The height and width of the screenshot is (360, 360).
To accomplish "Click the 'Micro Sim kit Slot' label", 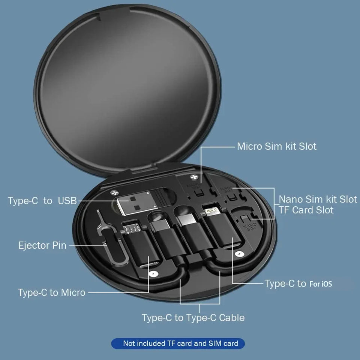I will pos(276,146).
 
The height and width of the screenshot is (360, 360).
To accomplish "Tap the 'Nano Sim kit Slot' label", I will pos(318,199).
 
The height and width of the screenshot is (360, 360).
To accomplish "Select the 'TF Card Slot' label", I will pos(306,210).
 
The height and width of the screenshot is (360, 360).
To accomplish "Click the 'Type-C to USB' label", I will pos(42,201).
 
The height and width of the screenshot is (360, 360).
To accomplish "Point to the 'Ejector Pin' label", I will pos(42,246).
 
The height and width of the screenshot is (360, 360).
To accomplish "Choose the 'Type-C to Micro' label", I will pos(51,292).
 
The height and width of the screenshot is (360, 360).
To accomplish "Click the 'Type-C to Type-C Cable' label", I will pos(193,318).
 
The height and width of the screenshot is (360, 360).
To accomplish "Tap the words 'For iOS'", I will pos(321,284).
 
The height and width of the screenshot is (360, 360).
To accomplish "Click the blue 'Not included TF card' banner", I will pos(178,343).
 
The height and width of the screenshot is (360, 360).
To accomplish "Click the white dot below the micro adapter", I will pos(151,274).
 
